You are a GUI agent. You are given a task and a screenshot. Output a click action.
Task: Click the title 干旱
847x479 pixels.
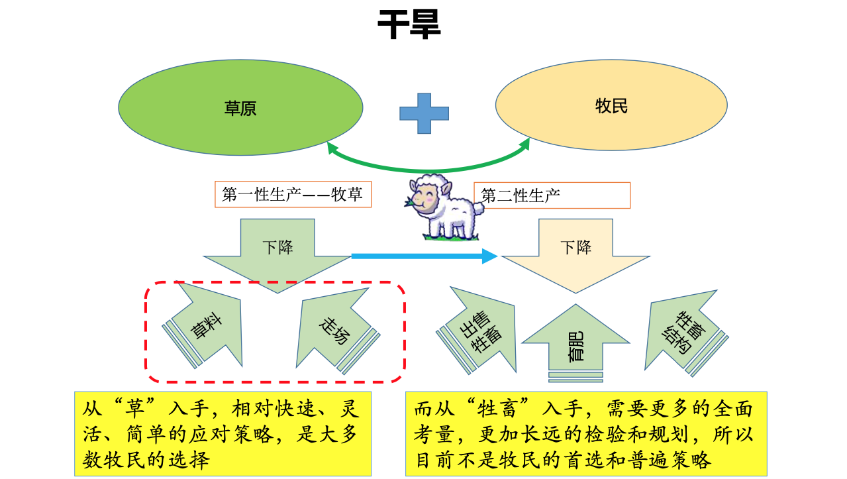(x=409, y=25)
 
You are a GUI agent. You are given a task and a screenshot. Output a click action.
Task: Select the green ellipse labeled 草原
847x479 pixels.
(x=240, y=107)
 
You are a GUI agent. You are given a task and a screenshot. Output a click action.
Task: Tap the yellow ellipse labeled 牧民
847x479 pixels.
(x=611, y=105)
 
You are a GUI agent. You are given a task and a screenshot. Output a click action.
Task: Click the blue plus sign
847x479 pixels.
(x=424, y=113)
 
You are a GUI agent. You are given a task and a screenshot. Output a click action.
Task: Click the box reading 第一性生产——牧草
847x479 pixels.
(x=293, y=195)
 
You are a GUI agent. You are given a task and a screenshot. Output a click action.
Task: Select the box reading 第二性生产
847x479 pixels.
(x=552, y=195)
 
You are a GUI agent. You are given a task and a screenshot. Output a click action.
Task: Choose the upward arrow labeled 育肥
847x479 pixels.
(x=575, y=343)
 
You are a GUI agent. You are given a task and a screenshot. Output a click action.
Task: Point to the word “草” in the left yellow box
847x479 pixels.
(x=135, y=409)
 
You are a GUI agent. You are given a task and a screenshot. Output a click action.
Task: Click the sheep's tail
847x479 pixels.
(x=479, y=209)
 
